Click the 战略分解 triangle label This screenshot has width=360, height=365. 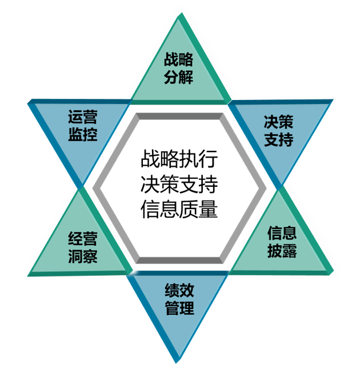tap(178, 68)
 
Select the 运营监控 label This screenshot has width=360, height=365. tap(82, 126)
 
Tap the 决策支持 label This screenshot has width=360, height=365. tap(279, 131)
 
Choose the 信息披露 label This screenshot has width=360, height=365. tap(282, 242)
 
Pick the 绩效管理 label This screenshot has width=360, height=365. tap(179, 299)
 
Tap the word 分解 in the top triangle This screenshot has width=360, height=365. tap(178, 77)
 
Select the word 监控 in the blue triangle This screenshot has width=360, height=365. tap(82, 135)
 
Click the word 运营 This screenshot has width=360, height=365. tap(82, 118)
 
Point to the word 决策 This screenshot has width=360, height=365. tap(279, 122)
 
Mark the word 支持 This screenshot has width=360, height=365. tap(279, 140)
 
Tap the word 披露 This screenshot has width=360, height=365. tap(282, 251)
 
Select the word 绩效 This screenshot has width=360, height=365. tap(179, 290)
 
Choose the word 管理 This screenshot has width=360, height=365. tap(179, 308)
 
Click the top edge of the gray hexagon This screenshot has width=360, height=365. tap(179, 117)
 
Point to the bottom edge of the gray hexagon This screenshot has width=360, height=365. tap(179, 260)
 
